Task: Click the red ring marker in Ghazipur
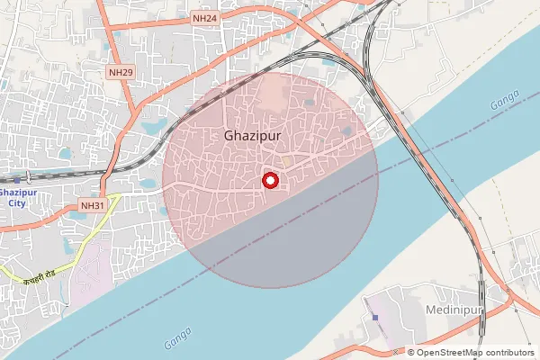tap(269, 181)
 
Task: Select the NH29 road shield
tap(120, 72)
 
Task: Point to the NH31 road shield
tap(93, 205)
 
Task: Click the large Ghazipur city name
tap(252, 136)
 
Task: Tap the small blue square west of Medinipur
tap(374, 316)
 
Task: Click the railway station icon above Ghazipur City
tap(29, 177)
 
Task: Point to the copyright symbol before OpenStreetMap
tap(411, 353)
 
